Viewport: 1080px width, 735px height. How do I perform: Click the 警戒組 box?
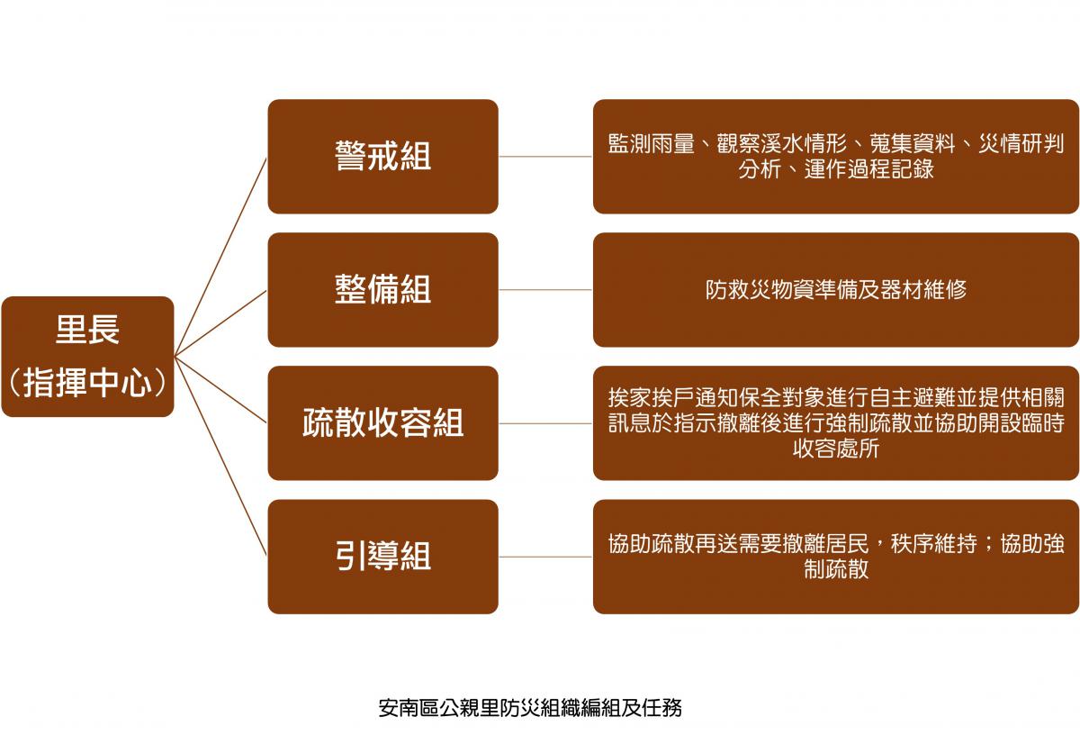pyautogui.click(x=382, y=157)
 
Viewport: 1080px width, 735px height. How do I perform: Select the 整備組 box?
pyautogui.click(x=382, y=289)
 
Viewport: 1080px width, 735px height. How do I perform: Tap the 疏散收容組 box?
pyautogui.click(x=382, y=423)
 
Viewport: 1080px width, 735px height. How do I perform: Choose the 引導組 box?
pyautogui.click(x=382, y=557)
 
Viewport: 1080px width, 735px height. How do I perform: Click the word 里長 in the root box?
pyautogui.click(x=87, y=329)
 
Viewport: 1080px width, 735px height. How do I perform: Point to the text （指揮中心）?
pyautogui.click(x=87, y=382)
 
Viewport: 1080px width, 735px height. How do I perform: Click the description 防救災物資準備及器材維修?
pyautogui.click(x=835, y=289)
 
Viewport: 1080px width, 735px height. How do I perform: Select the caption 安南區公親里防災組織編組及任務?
pyautogui.click(x=530, y=708)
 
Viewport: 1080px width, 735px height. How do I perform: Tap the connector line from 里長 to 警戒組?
pyautogui.click(x=220, y=258)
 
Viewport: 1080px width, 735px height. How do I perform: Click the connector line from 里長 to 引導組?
pyautogui.click(x=220, y=456)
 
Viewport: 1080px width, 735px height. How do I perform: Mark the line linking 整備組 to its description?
pyautogui.click(x=545, y=290)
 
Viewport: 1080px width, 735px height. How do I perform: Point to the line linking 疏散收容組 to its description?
pyautogui.click(x=545, y=423)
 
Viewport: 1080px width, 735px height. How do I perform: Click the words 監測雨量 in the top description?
pyautogui.click(x=651, y=144)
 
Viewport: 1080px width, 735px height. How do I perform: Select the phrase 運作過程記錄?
pyautogui.click(x=868, y=169)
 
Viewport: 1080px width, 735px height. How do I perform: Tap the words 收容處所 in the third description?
pyautogui.click(x=835, y=449)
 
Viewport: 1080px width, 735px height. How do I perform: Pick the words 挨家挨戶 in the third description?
pyautogui.click(x=651, y=397)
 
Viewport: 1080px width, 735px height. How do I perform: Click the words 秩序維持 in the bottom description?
pyautogui.click(x=934, y=544)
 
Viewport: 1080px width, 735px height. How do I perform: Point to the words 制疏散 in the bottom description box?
pyautogui.click(x=835, y=569)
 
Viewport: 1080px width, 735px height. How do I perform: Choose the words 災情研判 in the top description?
pyautogui.click(x=1021, y=144)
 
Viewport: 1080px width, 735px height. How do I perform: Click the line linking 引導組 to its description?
pyautogui.click(x=545, y=557)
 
